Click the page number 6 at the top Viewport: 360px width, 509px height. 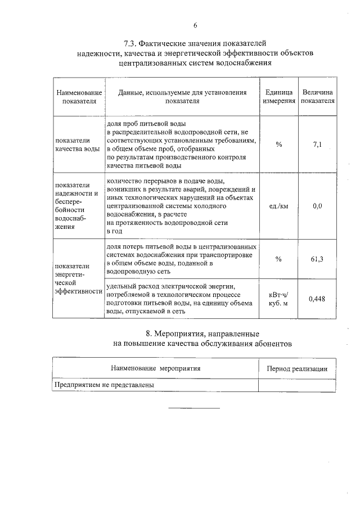tap(195, 25)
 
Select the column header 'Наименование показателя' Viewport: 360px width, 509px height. tap(79, 97)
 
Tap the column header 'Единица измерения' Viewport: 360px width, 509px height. tap(279, 97)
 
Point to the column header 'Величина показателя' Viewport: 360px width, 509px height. tap(318, 97)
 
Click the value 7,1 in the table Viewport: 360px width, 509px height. tap(317, 145)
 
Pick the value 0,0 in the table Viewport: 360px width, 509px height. tap(317, 206)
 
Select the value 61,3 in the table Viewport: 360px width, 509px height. tap(317, 258)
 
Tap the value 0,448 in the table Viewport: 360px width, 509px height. tap(317, 299)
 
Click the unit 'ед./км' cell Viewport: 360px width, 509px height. tap(279, 206)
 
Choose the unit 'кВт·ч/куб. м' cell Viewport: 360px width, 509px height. tap(279, 299)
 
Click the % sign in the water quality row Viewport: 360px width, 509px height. tap(279, 145)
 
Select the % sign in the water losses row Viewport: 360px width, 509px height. tap(279, 258)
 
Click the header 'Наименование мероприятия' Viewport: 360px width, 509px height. tap(156, 368)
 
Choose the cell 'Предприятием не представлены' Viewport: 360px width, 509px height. tap(104, 385)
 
